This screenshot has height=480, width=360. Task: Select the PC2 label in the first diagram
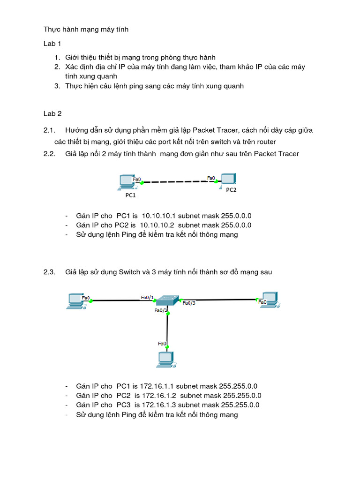point(232,190)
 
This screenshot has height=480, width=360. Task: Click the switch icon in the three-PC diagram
point(167,300)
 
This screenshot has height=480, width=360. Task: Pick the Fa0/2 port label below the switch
point(161,310)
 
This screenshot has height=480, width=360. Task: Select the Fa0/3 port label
point(189,303)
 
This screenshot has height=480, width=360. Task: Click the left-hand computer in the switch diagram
point(75,300)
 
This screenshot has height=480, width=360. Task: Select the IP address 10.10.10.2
point(160,225)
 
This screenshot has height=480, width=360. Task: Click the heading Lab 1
point(52,44)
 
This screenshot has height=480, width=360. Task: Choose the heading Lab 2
point(52,113)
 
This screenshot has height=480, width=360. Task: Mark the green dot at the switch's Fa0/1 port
point(154,301)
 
